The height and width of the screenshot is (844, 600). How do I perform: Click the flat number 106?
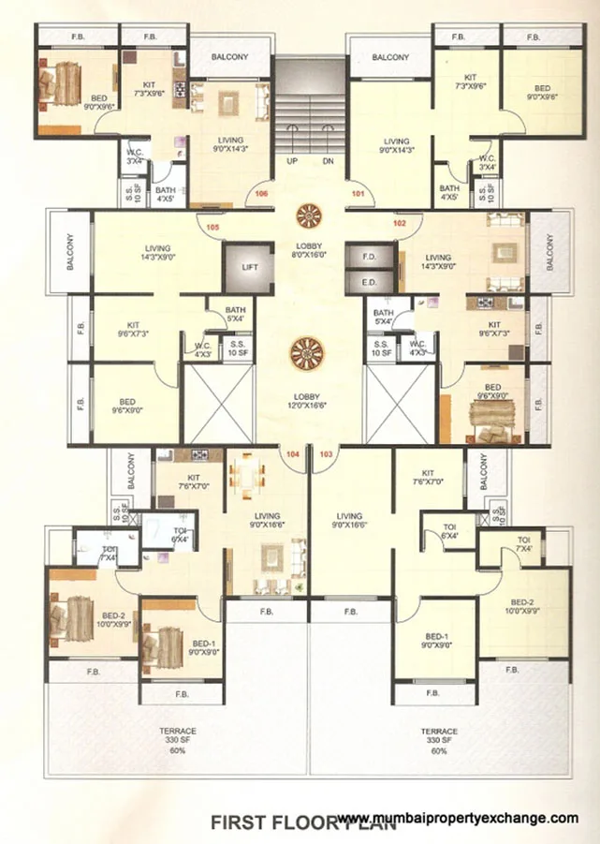261,195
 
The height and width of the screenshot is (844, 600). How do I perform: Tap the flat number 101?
357,195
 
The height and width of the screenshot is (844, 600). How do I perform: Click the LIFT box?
249,268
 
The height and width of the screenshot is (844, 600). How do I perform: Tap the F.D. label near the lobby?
368,256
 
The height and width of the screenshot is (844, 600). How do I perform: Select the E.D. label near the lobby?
368,282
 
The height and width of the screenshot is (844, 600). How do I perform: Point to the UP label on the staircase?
292,160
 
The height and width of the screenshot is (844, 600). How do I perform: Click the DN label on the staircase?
328,160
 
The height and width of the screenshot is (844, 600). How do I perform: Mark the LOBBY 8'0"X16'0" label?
308,248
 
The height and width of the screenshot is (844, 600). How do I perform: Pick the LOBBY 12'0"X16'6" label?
308,403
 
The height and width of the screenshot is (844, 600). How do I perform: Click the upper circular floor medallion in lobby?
308,217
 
